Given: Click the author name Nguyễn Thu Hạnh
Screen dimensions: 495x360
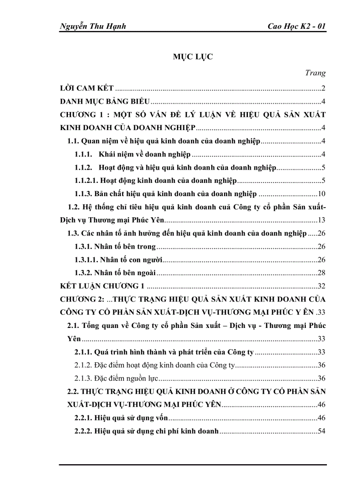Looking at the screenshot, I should (93, 26).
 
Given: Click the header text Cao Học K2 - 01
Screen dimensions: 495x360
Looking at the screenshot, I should (296, 26).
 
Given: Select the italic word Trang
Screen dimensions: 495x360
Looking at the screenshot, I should (315, 73).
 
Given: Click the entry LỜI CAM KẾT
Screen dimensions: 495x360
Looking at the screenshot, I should (87, 89).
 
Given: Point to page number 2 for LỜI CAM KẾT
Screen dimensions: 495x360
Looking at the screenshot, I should (323, 89).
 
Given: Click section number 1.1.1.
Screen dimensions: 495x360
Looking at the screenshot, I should (83, 154).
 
